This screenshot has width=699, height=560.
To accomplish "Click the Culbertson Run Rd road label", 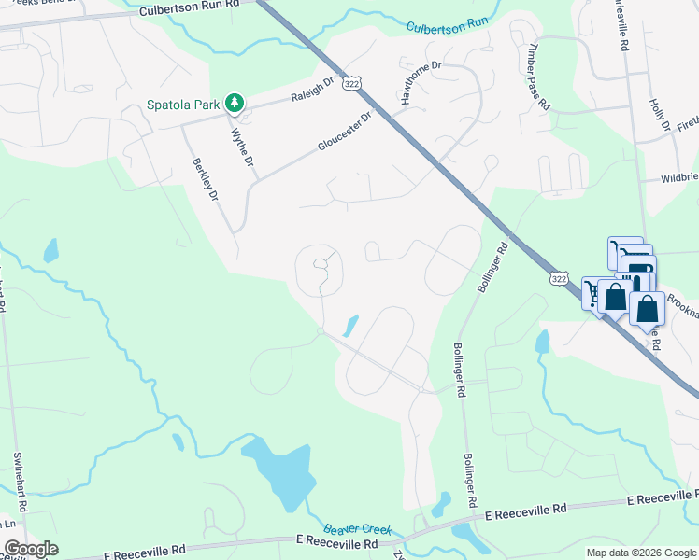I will point(189,11).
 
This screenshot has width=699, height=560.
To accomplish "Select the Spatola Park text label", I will point(183,105).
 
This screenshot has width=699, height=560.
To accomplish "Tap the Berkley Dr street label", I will point(205,180).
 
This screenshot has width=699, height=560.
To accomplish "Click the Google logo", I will point(30,549).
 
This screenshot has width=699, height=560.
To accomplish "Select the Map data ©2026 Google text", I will point(640,553).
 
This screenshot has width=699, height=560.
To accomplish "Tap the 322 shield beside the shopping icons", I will point(558,278).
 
